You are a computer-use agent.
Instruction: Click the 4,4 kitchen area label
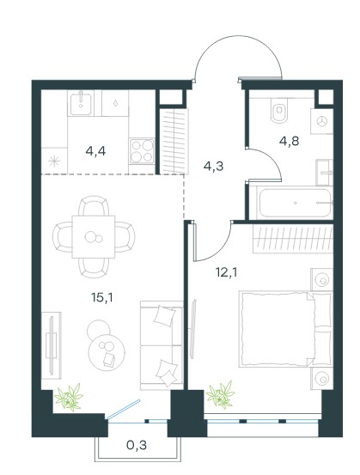click(x=95, y=151)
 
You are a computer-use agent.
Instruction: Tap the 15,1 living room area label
click(x=102, y=298)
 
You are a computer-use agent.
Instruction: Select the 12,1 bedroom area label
click(x=226, y=272)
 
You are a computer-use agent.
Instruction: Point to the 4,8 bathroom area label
click(x=289, y=141)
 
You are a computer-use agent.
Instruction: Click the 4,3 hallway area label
click(x=213, y=167)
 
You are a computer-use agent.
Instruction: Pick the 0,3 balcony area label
click(x=137, y=445)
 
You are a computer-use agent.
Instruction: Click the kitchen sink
click(x=81, y=104)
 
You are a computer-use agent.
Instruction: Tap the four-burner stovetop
click(x=142, y=151)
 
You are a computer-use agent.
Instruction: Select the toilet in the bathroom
click(x=278, y=113)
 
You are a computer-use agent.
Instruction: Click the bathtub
click(x=295, y=203)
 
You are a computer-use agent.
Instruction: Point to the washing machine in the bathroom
click(x=322, y=121)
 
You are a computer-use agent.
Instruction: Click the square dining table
click(x=94, y=236)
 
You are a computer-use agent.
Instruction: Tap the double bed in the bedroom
click(x=286, y=329)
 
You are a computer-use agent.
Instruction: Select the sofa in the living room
click(x=162, y=345)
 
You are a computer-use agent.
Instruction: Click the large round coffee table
click(x=107, y=352)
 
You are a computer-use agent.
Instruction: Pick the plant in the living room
click(x=69, y=397)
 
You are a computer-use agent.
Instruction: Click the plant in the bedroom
click(x=220, y=393)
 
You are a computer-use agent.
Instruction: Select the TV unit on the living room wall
click(x=52, y=345)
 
